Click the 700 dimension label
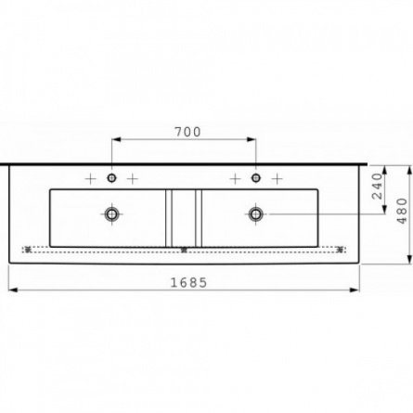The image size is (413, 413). (187, 132)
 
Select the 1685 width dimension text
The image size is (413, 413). (188, 282)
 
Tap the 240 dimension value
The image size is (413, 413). (378, 186)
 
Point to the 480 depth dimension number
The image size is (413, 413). (402, 211)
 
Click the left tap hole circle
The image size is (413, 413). (111, 178)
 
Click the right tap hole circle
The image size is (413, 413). (256, 178)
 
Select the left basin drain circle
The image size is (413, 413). (111, 213)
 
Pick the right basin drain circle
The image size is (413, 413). (256, 213)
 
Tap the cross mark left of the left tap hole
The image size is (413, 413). (91, 179)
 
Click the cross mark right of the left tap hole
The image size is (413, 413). (133, 179)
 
